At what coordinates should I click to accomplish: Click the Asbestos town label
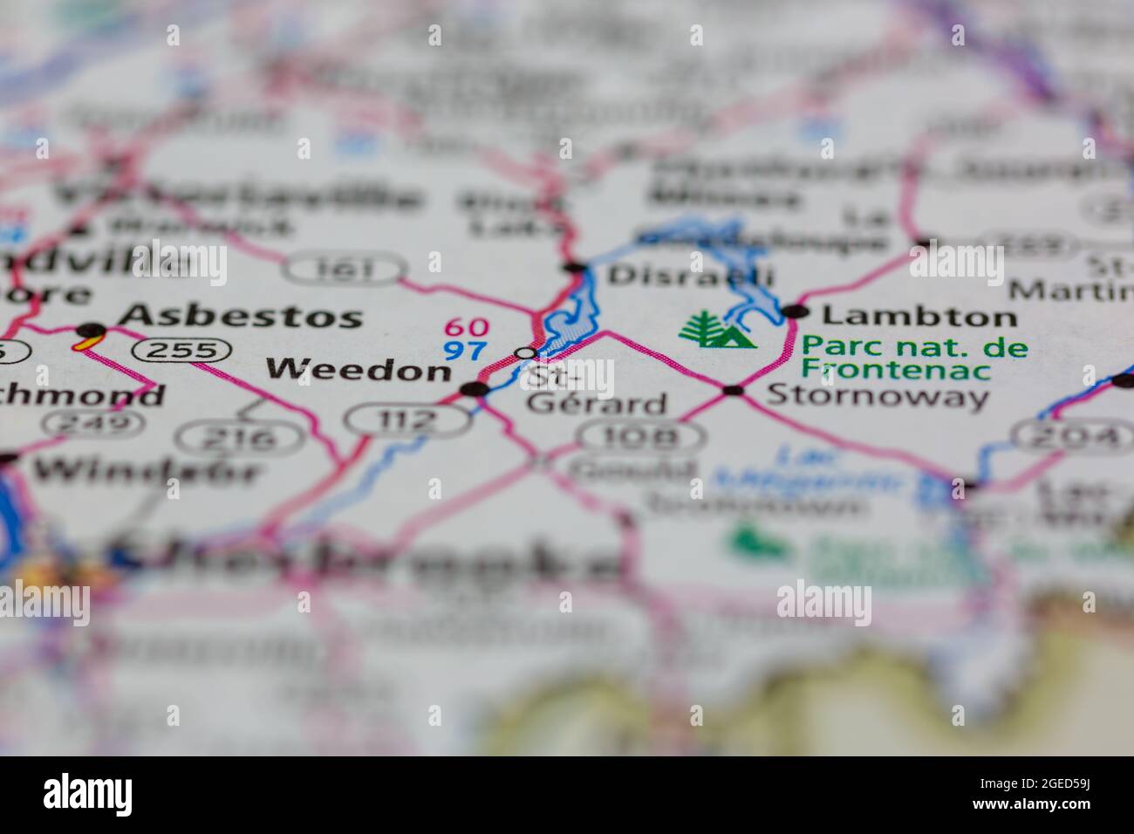coord(240,316)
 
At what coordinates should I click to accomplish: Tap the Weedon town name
coord(358,370)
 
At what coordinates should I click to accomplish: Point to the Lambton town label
coord(919,316)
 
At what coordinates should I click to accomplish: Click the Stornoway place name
coord(878,398)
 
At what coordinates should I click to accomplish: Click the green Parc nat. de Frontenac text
coord(913,358)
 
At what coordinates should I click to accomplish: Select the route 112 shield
coord(406,420)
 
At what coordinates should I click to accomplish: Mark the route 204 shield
coord(1069,436)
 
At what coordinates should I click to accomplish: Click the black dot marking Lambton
coord(794,311)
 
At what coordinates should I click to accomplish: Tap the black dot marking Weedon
coord(475,389)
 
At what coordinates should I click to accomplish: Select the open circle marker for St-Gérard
coord(525,353)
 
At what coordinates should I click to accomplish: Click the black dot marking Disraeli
coord(574,267)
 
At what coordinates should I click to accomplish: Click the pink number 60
coord(467,328)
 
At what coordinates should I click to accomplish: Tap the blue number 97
coord(464,352)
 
